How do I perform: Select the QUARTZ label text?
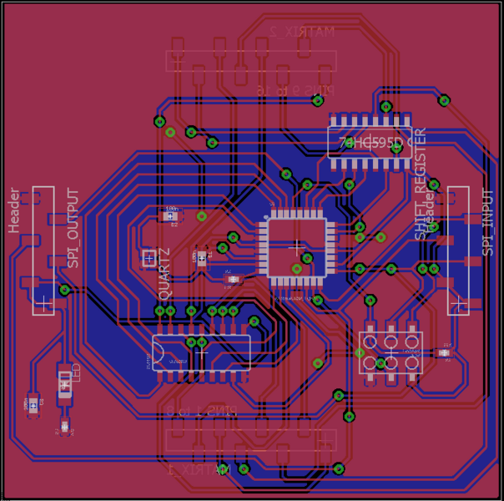(164, 274)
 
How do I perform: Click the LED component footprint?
(64, 383)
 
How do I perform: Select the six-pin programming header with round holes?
(390, 353)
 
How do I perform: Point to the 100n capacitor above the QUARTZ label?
(172, 216)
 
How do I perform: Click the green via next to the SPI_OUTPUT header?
(64, 290)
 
